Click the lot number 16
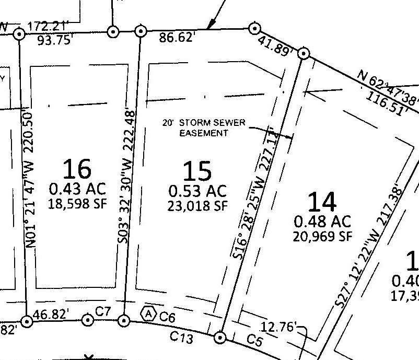pyautogui.click(x=77, y=169)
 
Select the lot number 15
pyautogui.click(x=197, y=170)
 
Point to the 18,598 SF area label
pyautogui.click(x=77, y=203)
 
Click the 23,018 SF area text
pyautogui.click(x=197, y=205)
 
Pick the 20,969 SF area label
pyautogui.click(x=322, y=236)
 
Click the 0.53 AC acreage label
pyautogui.click(x=197, y=190)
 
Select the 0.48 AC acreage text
pyautogui.click(x=322, y=221)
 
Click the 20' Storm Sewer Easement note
pyautogui.click(x=204, y=128)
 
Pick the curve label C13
pyautogui.click(x=182, y=338)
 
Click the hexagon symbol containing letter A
pyautogui.click(x=149, y=313)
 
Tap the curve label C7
pyautogui.click(x=103, y=311)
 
